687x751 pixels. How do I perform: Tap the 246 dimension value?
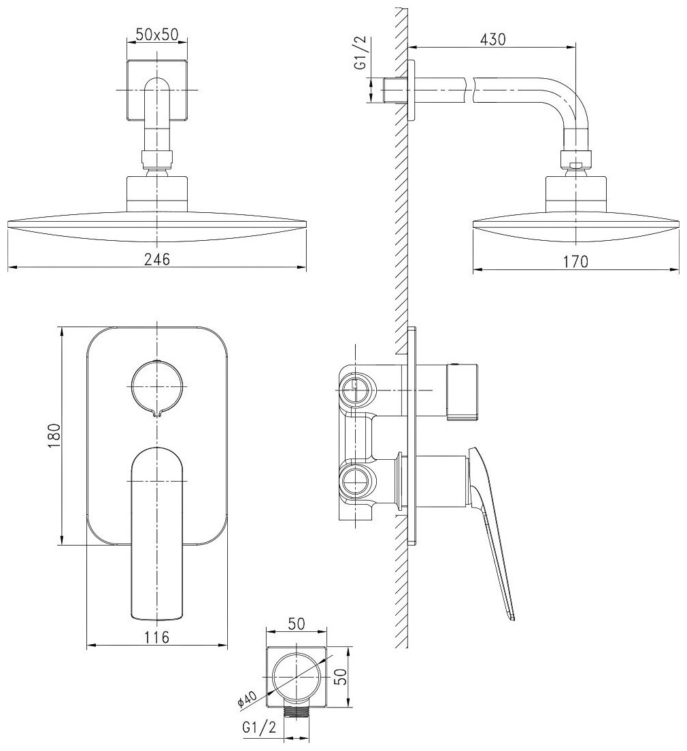156,259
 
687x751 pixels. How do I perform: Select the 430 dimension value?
492,39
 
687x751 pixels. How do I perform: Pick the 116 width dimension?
156,637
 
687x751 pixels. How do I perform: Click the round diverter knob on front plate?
156,386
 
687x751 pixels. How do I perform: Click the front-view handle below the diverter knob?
156,531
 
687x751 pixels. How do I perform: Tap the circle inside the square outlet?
297,678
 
